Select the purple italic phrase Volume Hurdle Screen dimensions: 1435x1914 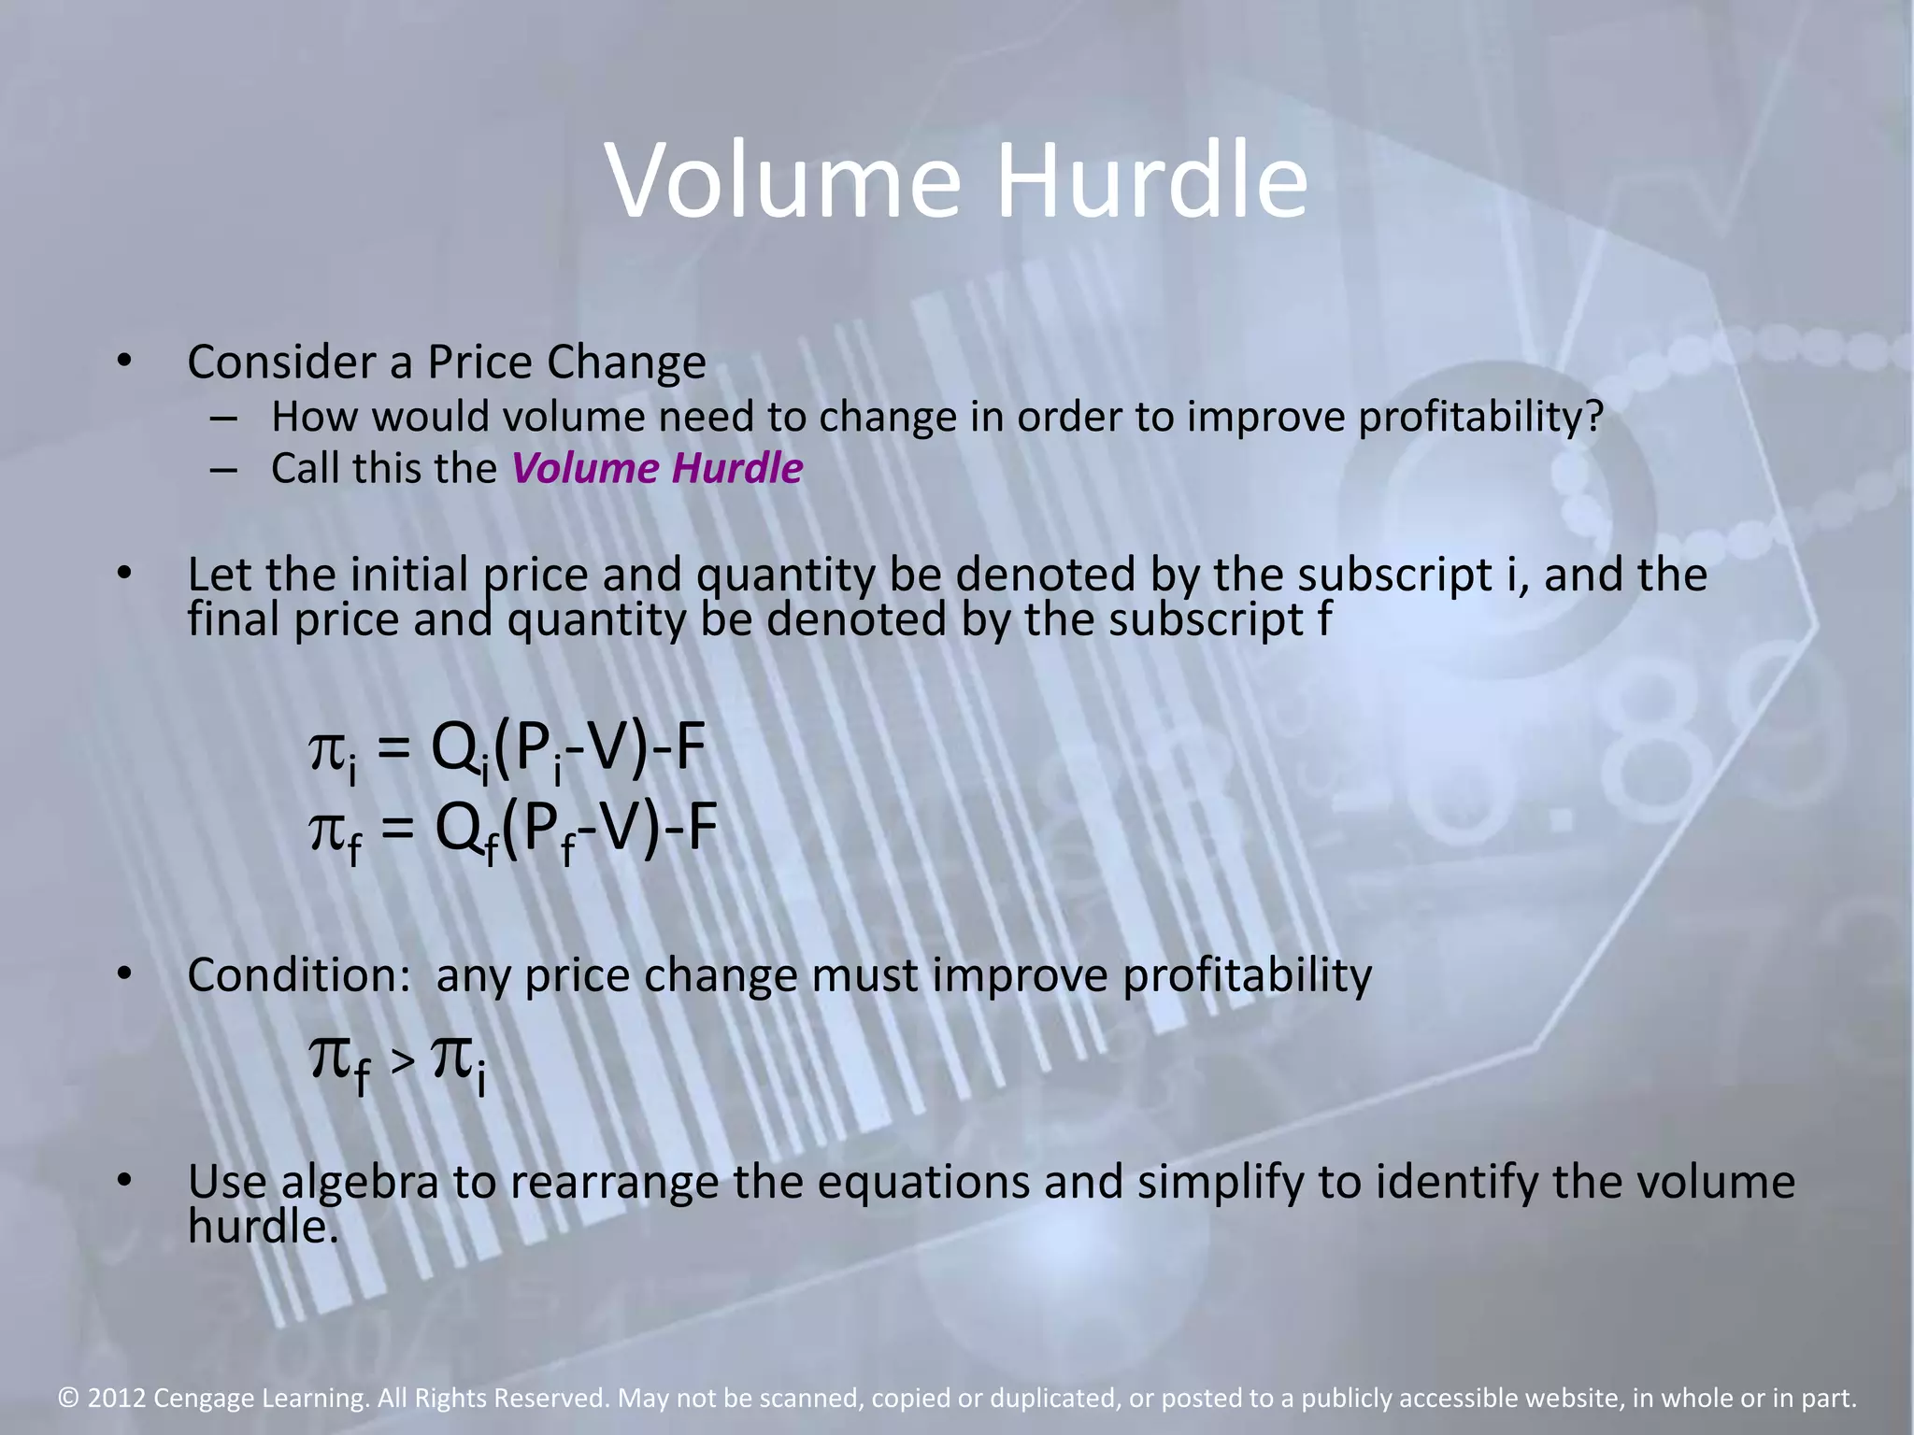[x=657, y=468]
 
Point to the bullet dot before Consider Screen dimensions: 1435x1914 [x=124, y=362]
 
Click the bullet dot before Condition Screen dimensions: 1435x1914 [x=124, y=974]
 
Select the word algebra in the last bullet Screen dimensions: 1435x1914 [x=360, y=1182]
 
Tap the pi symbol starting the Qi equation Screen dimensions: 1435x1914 [x=326, y=749]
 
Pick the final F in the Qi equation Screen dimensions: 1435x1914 [x=690, y=747]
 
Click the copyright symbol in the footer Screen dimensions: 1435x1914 [x=68, y=1399]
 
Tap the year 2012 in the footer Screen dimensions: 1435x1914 [x=117, y=1399]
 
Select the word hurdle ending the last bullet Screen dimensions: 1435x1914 [x=263, y=1227]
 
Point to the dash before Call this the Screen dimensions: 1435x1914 [x=223, y=469]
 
